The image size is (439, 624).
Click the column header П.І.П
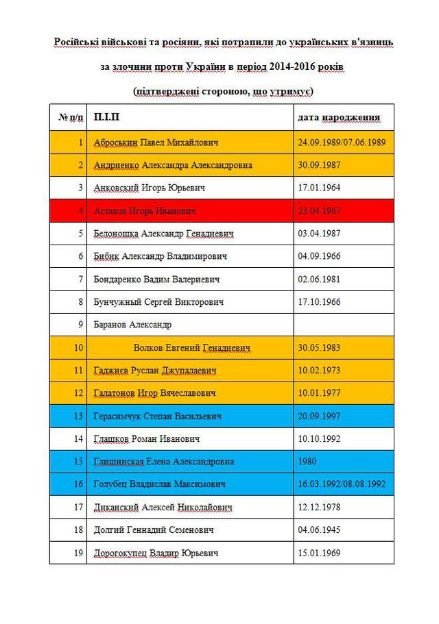coord(106,117)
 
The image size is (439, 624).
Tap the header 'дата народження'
coord(338,117)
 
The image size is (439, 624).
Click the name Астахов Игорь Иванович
coord(145,211)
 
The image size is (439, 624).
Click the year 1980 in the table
coord(308,462)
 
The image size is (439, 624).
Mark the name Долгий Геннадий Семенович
coord(154,529)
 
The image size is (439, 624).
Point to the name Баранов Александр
coord(132,325)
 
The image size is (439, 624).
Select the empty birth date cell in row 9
coord(344,325)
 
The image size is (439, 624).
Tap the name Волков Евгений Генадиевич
coord(192,348)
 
